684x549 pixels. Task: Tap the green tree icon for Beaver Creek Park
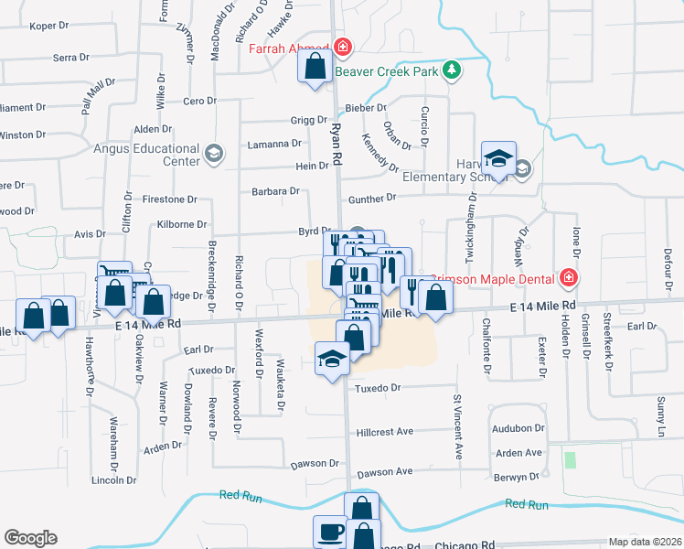click(x=450, y=70)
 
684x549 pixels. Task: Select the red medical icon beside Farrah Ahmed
click(x=342, y=47)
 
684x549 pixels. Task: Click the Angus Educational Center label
click(x=146, y=154)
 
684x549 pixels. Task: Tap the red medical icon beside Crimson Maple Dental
click(x=569, y=277)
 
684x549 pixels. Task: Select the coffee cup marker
click(x=330, y=531)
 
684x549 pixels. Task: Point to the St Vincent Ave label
click(x=456, y=426)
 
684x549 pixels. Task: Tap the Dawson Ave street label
click(x=385, y=472)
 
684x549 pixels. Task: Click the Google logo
click(x=30, y=538)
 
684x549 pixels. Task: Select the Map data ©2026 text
click(x=645, y=542)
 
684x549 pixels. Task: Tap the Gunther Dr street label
click(x=371, y=198)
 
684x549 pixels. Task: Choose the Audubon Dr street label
click(x=518, y=428)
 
